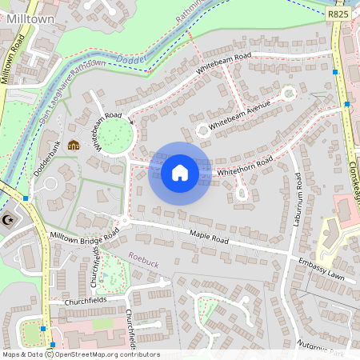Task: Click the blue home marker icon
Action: tap(180, 173)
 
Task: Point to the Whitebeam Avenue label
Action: tap(240, 117)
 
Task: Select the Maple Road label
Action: tap(209, 238)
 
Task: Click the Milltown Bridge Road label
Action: tap(84, 236)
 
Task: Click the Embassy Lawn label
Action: tap(321, 267)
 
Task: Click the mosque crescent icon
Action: tap(10, 220)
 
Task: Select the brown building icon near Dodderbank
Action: tap(74, 145)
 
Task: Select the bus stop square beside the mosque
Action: tap(26, 198)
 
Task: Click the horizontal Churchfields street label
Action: tap(86, 302)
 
